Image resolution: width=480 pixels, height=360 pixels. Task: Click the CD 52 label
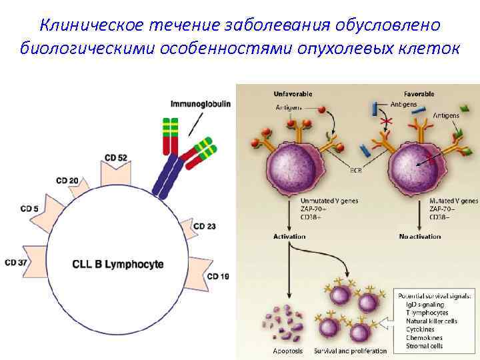coord(116,157)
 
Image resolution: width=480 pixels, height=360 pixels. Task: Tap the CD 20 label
coord(67,181)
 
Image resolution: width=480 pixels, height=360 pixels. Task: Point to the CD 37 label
coord(15,263)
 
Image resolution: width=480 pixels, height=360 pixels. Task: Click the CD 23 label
coord(205,227)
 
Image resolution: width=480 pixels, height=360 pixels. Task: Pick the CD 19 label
coord(218,276)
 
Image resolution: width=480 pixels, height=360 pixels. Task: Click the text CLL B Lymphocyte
coord(117,265)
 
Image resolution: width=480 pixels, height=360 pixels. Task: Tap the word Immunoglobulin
coord(201,103)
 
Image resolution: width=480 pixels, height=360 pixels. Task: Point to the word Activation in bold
coord(289,237)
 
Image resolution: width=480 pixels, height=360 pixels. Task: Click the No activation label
coord(420,237)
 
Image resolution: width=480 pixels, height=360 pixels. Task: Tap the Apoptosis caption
coord(288,351)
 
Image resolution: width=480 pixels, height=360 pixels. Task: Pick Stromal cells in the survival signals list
coord(425,346)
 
